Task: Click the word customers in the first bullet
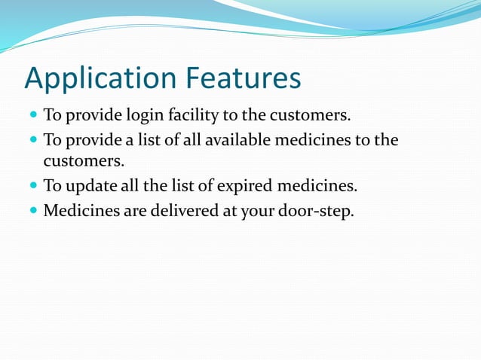(x=317, y=117)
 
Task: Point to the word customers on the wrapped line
(x=83, y=161)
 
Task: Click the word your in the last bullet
(x=256, y=212)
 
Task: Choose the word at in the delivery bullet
(x=228, y=212)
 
